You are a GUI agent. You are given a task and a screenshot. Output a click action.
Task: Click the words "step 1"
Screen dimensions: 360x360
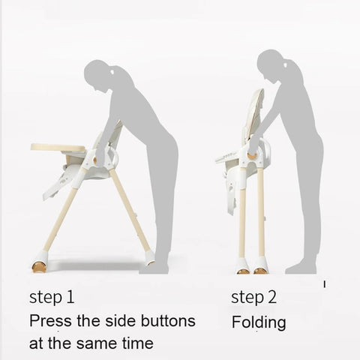[52, 298]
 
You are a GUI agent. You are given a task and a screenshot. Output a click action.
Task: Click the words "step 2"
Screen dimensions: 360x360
[254, 298]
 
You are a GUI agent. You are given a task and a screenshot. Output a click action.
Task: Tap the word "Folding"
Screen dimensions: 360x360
[259, 322]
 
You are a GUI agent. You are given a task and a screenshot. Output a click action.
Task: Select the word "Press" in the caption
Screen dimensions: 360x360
[51, 320]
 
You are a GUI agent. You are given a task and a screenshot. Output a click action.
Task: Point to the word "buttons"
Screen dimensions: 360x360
[168, 320]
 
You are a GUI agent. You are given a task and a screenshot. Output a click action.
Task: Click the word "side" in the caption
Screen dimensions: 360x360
[121, 320]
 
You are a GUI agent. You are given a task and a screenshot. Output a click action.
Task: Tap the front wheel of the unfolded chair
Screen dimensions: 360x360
[39, 266]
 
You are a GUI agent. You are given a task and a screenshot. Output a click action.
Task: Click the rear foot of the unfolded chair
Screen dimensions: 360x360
[150, 258]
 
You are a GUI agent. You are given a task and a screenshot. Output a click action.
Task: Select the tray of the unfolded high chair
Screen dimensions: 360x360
[58, 148]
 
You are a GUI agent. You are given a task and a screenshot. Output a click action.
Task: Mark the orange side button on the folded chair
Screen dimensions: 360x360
[253, 156]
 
